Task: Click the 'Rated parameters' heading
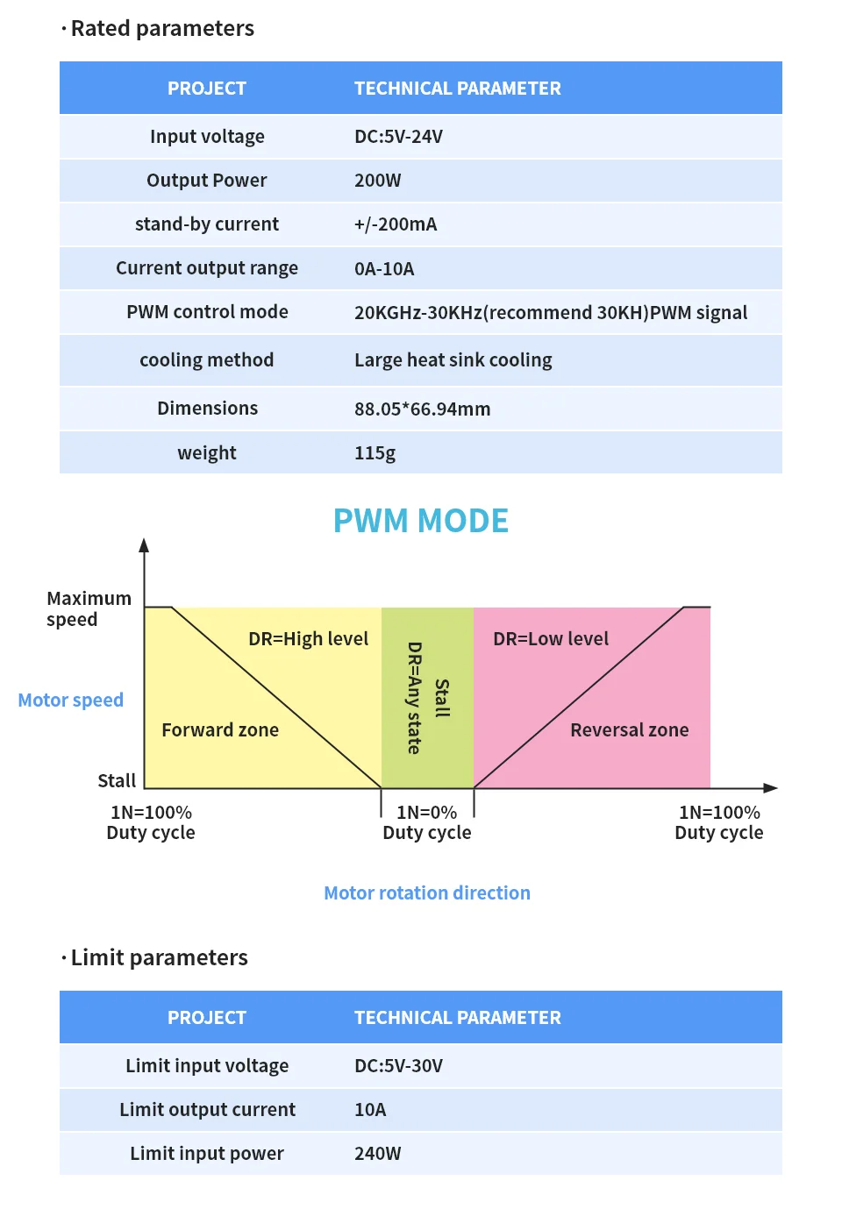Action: (x=162, y=29)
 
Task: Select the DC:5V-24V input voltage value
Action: (x=398, y=137)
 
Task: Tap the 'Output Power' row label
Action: (x=207, y=181)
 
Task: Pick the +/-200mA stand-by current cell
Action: (x=396, y=224)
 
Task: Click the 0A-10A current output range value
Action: (x=384, y=268)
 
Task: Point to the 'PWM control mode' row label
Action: (x=207, y=312)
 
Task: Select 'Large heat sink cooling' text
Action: (x=453, y=360)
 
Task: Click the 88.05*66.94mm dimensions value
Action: (x=423, y=409)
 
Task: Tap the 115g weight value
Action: (x=375, y=453)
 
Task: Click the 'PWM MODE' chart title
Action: (x=421, y=520)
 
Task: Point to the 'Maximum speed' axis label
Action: (x=89, y=608)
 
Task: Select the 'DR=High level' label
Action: (x=309, y=639)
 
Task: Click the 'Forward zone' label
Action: (x=220, y=730)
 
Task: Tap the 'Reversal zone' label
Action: (x=630, y=730)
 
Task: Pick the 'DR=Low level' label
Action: (x=551, y=639)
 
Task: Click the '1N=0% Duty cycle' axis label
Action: (x=426, y=822)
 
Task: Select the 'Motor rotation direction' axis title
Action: (x=427, y=893)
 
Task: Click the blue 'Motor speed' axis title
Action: (x=71, y=700)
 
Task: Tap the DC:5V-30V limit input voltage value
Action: (x=398, y=1066)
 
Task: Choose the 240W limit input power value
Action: (x=377, y=1154)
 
